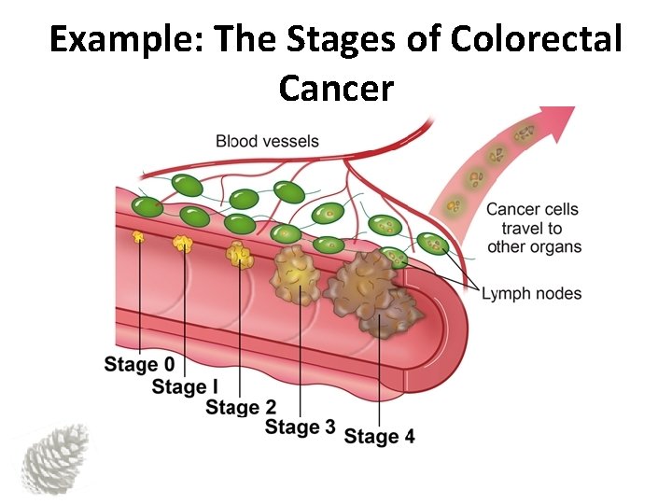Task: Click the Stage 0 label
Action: [139, 365]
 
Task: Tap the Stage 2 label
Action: [241, 407]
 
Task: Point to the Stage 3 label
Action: [301, 427]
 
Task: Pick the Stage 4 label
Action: [379, 436]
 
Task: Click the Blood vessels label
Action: [267, 142]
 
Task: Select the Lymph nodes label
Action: [531, 294]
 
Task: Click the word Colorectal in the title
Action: [536, 40]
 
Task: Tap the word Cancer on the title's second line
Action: [336, 89]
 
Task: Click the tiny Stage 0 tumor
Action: [139, 237]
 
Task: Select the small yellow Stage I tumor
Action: [183, 244]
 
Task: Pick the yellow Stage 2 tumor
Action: [240, 254]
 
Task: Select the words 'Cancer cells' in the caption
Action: [533, 209]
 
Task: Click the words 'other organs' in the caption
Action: [534, 247]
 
